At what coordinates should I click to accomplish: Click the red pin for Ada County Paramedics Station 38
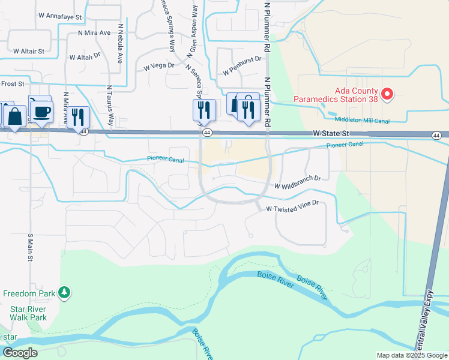point(387,94)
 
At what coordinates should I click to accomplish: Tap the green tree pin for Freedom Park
point(64,293)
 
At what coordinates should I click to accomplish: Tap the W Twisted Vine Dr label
point(292,209)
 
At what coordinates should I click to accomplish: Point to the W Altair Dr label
point(84,58)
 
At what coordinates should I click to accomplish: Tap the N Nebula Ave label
point(120,44)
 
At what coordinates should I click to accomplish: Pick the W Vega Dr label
point(159,66)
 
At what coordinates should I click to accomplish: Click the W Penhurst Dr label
point(243,65)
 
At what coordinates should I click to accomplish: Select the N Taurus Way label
point(110,106)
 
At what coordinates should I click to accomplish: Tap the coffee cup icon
point(41,112)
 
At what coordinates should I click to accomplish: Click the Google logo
point(20,353)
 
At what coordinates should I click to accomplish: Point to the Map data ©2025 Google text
point(411,355)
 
